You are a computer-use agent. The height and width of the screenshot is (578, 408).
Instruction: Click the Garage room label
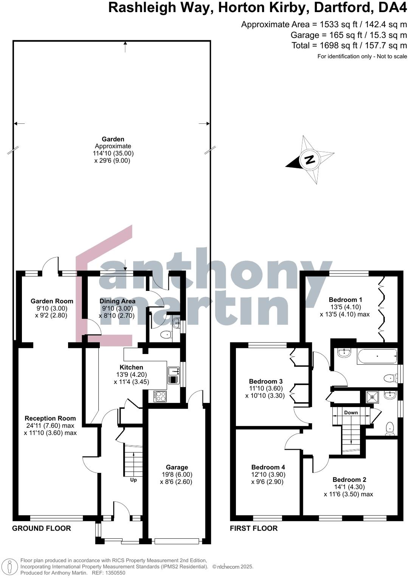click(177, 467)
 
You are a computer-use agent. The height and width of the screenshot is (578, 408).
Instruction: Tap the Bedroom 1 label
click(345, 300)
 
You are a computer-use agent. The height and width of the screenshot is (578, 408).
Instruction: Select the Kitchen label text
click(131, 367)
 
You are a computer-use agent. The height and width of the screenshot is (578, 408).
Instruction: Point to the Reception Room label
click(50, 418)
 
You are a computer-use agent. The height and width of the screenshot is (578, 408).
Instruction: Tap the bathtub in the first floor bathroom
click(377, 356)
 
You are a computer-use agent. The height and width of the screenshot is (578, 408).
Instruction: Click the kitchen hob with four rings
click(160, 396)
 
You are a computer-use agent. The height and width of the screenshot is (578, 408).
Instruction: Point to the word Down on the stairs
click(351, 412)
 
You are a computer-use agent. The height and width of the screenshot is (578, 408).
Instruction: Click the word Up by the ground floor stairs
click(133, 480)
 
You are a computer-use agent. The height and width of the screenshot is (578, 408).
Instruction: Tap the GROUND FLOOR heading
click(42, 528)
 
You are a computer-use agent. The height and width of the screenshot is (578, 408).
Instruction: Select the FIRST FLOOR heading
click(254, 528)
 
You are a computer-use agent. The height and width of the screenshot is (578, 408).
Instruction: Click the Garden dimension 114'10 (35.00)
click(113, 153)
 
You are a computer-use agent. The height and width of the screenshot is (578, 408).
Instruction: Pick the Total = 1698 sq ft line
click(349, 45)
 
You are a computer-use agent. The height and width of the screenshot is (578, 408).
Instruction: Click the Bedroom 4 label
click(268, 467)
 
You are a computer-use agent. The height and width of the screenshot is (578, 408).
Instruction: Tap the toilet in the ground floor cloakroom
click(166, 335)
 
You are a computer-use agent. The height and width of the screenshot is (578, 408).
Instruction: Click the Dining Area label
click(117, 301)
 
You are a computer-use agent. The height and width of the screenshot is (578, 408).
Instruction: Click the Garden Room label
click(52, 301)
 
